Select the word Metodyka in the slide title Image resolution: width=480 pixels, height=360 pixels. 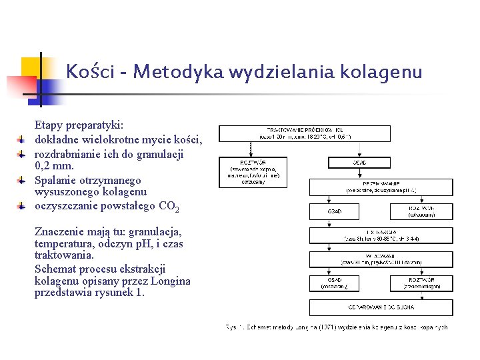(167, 71)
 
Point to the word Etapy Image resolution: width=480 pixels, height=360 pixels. (48, 125)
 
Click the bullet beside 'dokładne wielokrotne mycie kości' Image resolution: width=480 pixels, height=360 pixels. (22, 139)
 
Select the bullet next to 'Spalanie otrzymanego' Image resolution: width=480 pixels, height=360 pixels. (22, 180)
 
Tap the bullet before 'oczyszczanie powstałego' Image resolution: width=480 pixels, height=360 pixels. (22, 207)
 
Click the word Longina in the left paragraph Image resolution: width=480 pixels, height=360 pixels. (171, 281)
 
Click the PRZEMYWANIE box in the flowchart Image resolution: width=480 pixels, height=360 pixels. (381, 187)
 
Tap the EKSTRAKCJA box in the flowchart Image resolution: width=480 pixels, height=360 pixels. (381, 235)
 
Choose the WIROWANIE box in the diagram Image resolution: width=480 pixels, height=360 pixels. (381, 259)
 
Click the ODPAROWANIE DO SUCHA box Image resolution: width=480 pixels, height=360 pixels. (381, 307)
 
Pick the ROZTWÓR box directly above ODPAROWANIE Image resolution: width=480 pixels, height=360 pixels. (421, 283)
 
